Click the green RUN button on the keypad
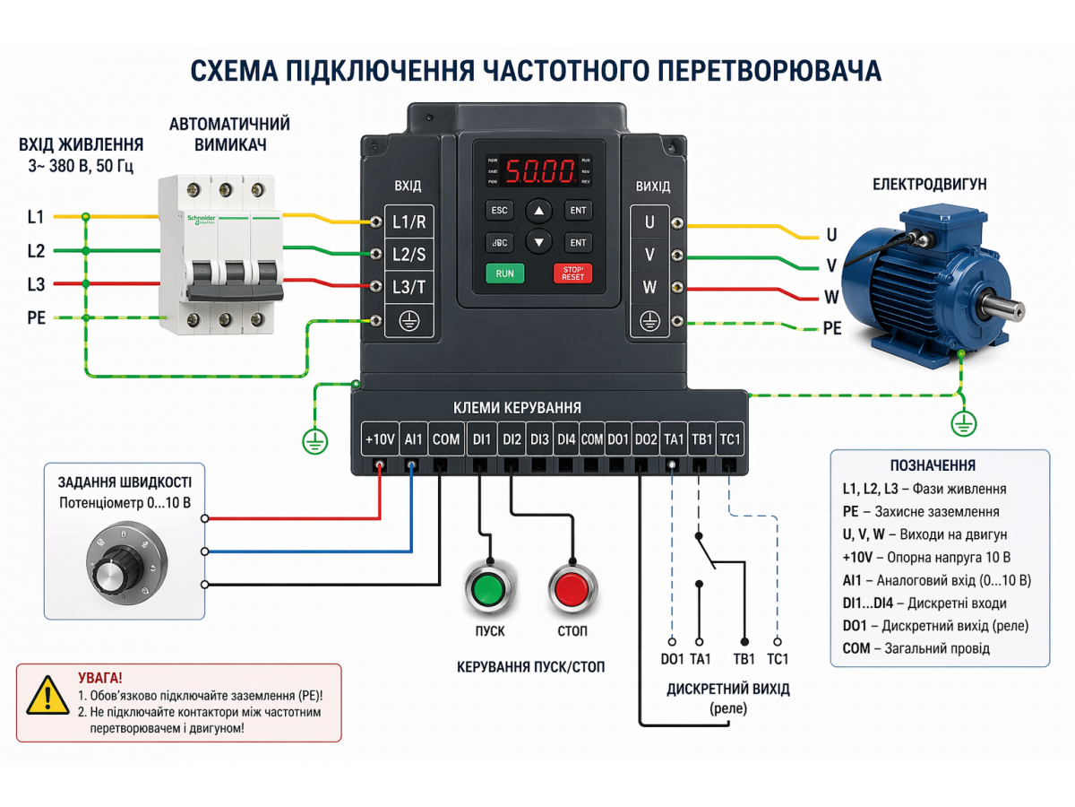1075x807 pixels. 504,273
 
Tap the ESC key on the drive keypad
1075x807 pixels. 499,211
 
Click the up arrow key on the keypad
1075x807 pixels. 538,212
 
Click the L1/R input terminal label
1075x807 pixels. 409,221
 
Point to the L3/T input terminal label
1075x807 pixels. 409,287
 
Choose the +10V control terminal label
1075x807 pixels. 379,439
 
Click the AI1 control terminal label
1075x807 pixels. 412,439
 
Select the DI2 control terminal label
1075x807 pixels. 512,439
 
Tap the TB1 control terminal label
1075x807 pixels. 702,439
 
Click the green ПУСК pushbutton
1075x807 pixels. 488,589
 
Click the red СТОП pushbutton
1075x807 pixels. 572,589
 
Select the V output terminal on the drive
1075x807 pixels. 649,255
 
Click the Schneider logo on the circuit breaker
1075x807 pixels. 202,221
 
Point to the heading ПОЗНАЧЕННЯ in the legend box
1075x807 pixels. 933,465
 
